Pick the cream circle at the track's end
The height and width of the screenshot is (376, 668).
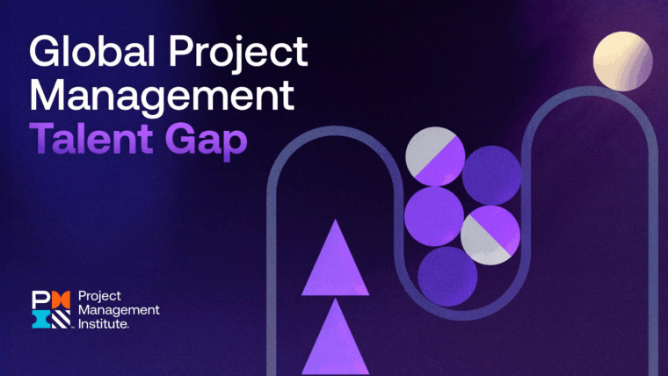pyautogui.click(x=622, y=61)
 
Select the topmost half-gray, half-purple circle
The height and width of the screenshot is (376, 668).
pyautogui.click(x=434, y=158)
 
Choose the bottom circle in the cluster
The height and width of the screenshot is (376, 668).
pyautogui.click(x=447, y=275)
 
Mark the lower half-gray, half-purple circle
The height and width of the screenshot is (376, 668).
pyautogui.click(x=490, y=235)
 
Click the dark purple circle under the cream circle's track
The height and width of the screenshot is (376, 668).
pyautogui.click(x=491, y=175)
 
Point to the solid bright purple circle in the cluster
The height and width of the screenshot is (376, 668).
pyautogui.click(x=434, y=216)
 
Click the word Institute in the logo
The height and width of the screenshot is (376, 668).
pyautogui.click(x=104, y=324)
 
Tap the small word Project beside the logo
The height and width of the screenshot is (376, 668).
pyautogui.click(x=101, y=296)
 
